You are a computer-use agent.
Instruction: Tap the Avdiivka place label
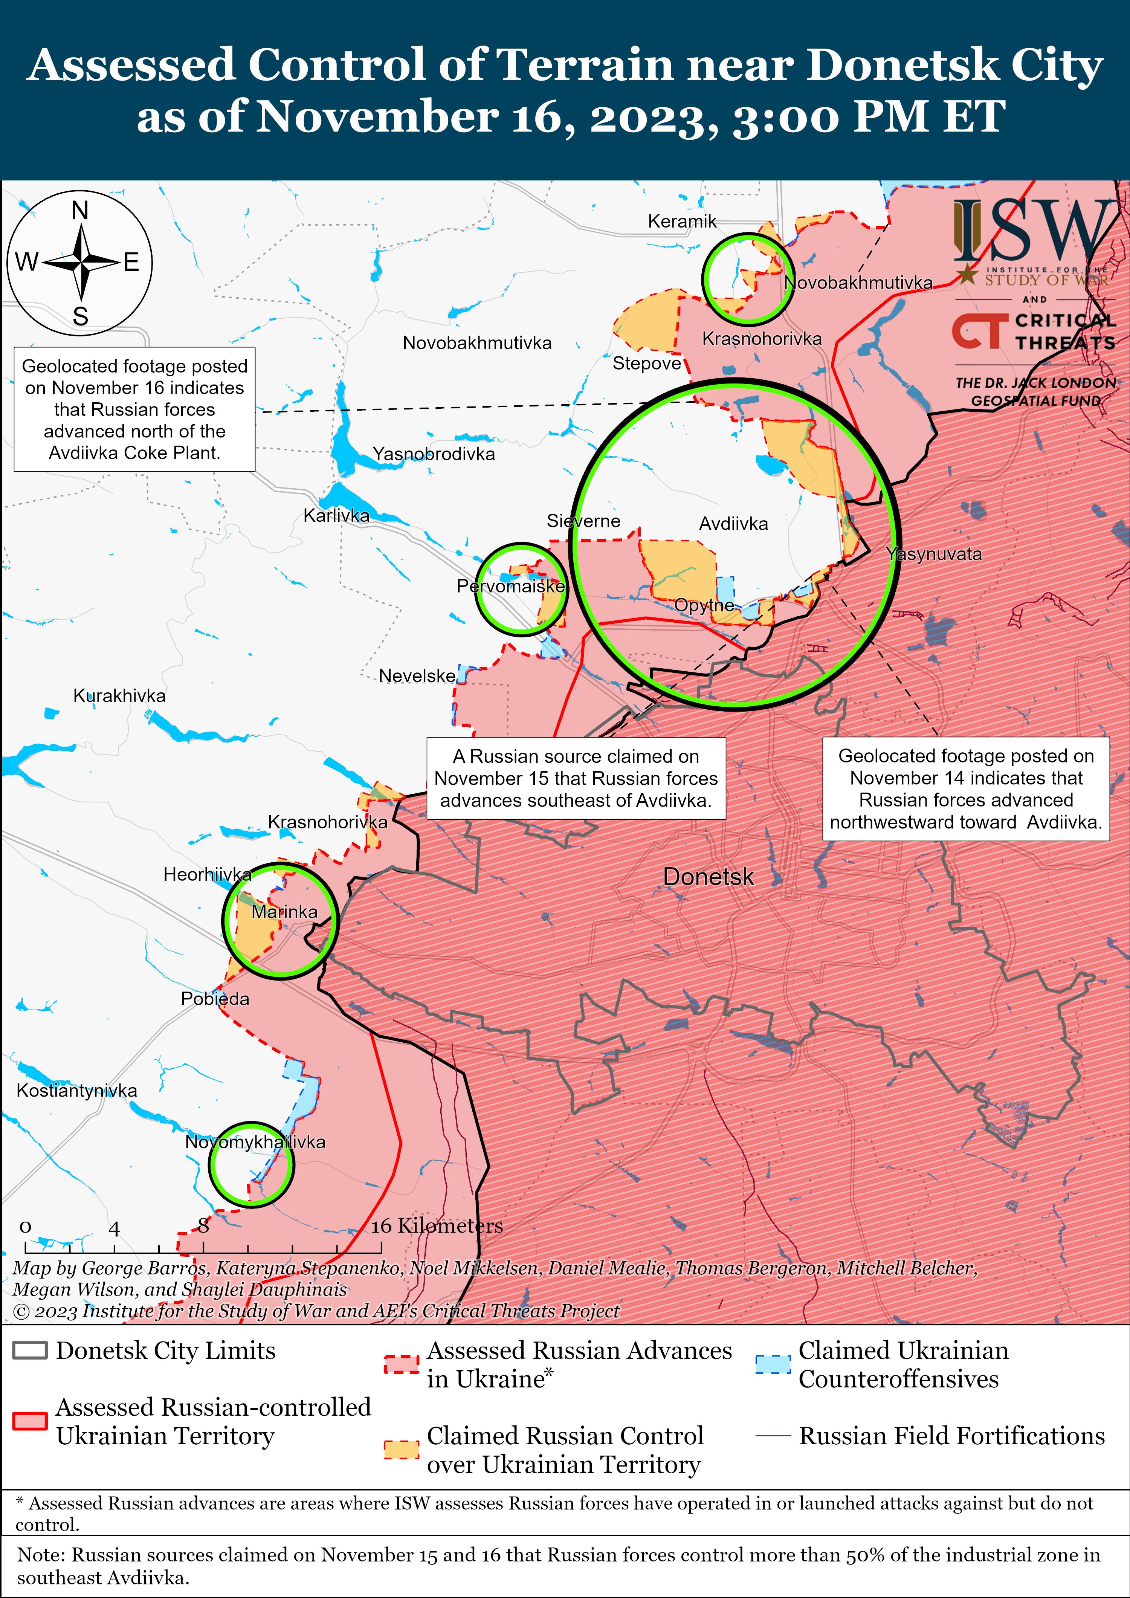(733, 524)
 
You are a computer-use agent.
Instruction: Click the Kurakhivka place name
(120, 696)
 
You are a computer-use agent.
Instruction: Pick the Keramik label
(682, 222)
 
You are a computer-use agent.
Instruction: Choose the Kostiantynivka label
(76, 1091)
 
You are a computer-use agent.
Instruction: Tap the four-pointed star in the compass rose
(81, 263)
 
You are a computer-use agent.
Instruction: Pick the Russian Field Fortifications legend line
(773, 1436)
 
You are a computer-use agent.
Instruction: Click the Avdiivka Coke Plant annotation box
(134, 409)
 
